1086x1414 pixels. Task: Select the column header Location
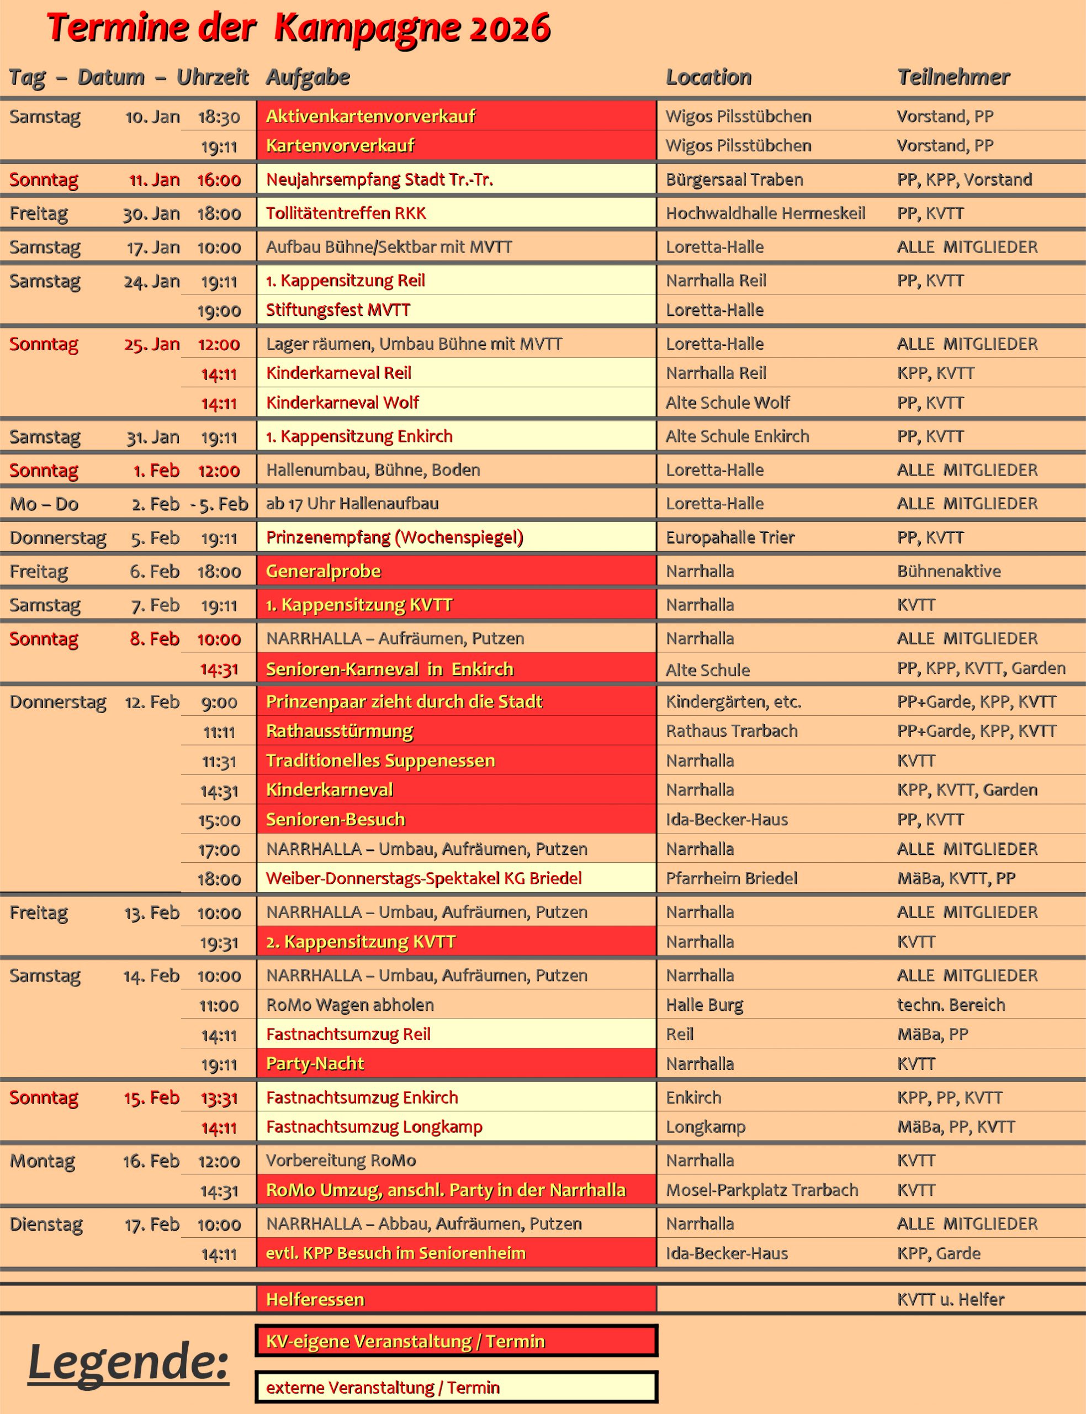[x=708, y=77]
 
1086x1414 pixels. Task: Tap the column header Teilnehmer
[x=953, y=77]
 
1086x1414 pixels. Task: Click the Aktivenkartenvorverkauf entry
[x=370, y=117]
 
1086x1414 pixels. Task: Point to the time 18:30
[x=219, y=117]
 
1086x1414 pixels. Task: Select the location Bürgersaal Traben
[x=734, y=180]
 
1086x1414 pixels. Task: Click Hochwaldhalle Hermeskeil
[x=765, y=213]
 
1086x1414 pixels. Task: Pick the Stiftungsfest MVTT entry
[x=338, y=310]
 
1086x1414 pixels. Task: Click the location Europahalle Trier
[x=730, y=538]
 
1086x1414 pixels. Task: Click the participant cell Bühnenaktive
[x=949, y=572]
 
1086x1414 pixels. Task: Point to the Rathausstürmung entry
[x=340, y=731]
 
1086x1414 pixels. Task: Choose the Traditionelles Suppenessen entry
[x=380, y=761]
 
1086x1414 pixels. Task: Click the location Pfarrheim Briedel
[x=731, y=879]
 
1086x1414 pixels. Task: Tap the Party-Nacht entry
[x=315, y=1064]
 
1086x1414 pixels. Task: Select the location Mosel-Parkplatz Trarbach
[x=761, y=1190]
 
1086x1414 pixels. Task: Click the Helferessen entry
[x=315, y=1300]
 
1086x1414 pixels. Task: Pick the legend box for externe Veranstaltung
[x=455, y=1387]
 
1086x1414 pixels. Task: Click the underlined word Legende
[x=128, y=1362]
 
